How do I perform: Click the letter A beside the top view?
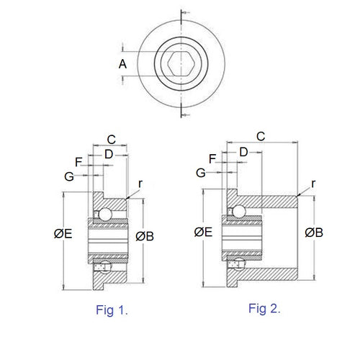(x=122, y=65)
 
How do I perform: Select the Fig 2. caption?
(x=265, y=308)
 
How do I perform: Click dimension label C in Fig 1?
(x=111, y=139)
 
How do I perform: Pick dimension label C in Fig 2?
(x=261, y=135)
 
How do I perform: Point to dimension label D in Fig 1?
(x=108, y=153)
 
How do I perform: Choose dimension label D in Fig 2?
(x=244, y=152)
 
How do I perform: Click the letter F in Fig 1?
(x=78, y=161)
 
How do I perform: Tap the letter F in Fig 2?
(x=212, y=158)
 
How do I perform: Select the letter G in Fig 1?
(x=68, y=176)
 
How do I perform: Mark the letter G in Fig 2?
(x=202, y=173)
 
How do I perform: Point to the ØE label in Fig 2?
(x=203, y=232)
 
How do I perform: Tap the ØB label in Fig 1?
(x=145, y=235)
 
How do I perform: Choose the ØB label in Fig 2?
(x=313, y=232)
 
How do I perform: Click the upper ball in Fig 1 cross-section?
(x=104, y=214)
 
